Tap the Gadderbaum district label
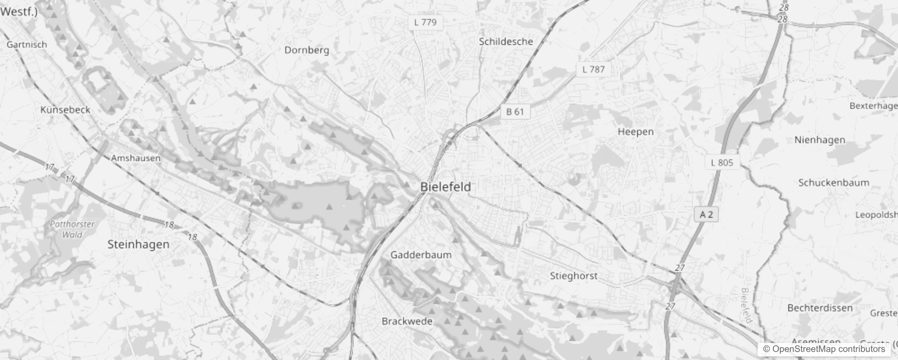pos(421,255)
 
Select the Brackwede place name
pos(407,321)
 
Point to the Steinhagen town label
pos(138,244)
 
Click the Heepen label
pos(635,132)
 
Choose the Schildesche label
pos(506,42)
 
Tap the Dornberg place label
pos(306,50)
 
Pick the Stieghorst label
pos(574,276)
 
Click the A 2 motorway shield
pos(706,215)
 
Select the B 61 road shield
pos(515,112)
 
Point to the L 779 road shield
pos(425,22)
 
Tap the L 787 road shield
pos(593,69)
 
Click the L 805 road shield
pos(722,162)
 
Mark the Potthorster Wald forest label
pos(72,229)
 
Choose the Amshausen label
pos(135,158)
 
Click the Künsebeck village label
pos(65,110)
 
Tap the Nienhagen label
pos(819,140)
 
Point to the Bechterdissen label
pos(820,308)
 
